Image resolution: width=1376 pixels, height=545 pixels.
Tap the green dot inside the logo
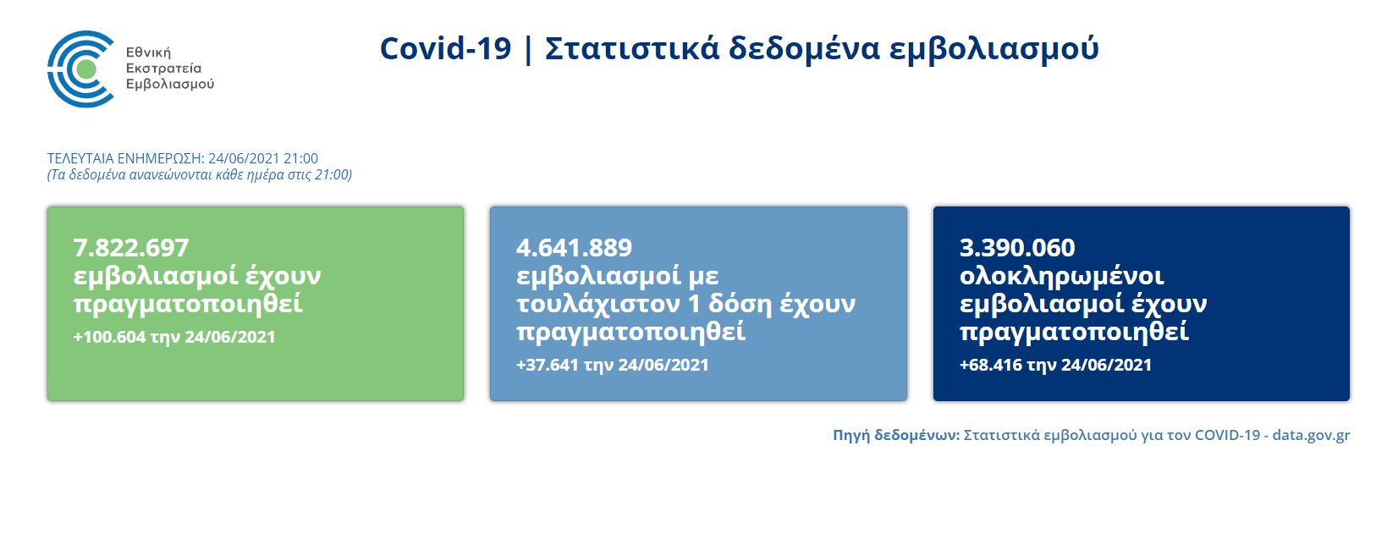[x=86, y=69]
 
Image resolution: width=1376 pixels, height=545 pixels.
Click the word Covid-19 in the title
[x=445, y=48]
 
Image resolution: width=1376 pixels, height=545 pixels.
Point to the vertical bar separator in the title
[x=528, y=49]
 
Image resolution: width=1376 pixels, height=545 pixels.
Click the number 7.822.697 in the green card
[x=131, y=248]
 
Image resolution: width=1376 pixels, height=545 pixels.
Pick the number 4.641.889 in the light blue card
[x=574, y=248]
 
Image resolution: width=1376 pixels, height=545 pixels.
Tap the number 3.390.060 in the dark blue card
[x=1017, y=248]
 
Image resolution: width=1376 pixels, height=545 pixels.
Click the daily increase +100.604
[x=109, y=337]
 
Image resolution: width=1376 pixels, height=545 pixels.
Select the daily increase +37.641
[x=548, y=365]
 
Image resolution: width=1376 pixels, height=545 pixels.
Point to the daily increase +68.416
[x=991, y=365]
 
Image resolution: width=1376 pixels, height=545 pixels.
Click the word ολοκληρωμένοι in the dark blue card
[x=1061, y=277]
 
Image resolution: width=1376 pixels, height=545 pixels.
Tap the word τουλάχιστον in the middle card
[x=608, y=304]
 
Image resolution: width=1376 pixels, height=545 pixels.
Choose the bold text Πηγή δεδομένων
[x=896, y=435]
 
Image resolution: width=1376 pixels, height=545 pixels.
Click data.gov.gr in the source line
[x=1311, y=435]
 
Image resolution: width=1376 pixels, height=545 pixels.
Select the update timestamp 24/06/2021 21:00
[x=263, y=158]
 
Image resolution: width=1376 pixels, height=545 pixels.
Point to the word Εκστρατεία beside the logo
[x=163, y=69]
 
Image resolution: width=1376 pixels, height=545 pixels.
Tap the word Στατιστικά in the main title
[x=632, y=48]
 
